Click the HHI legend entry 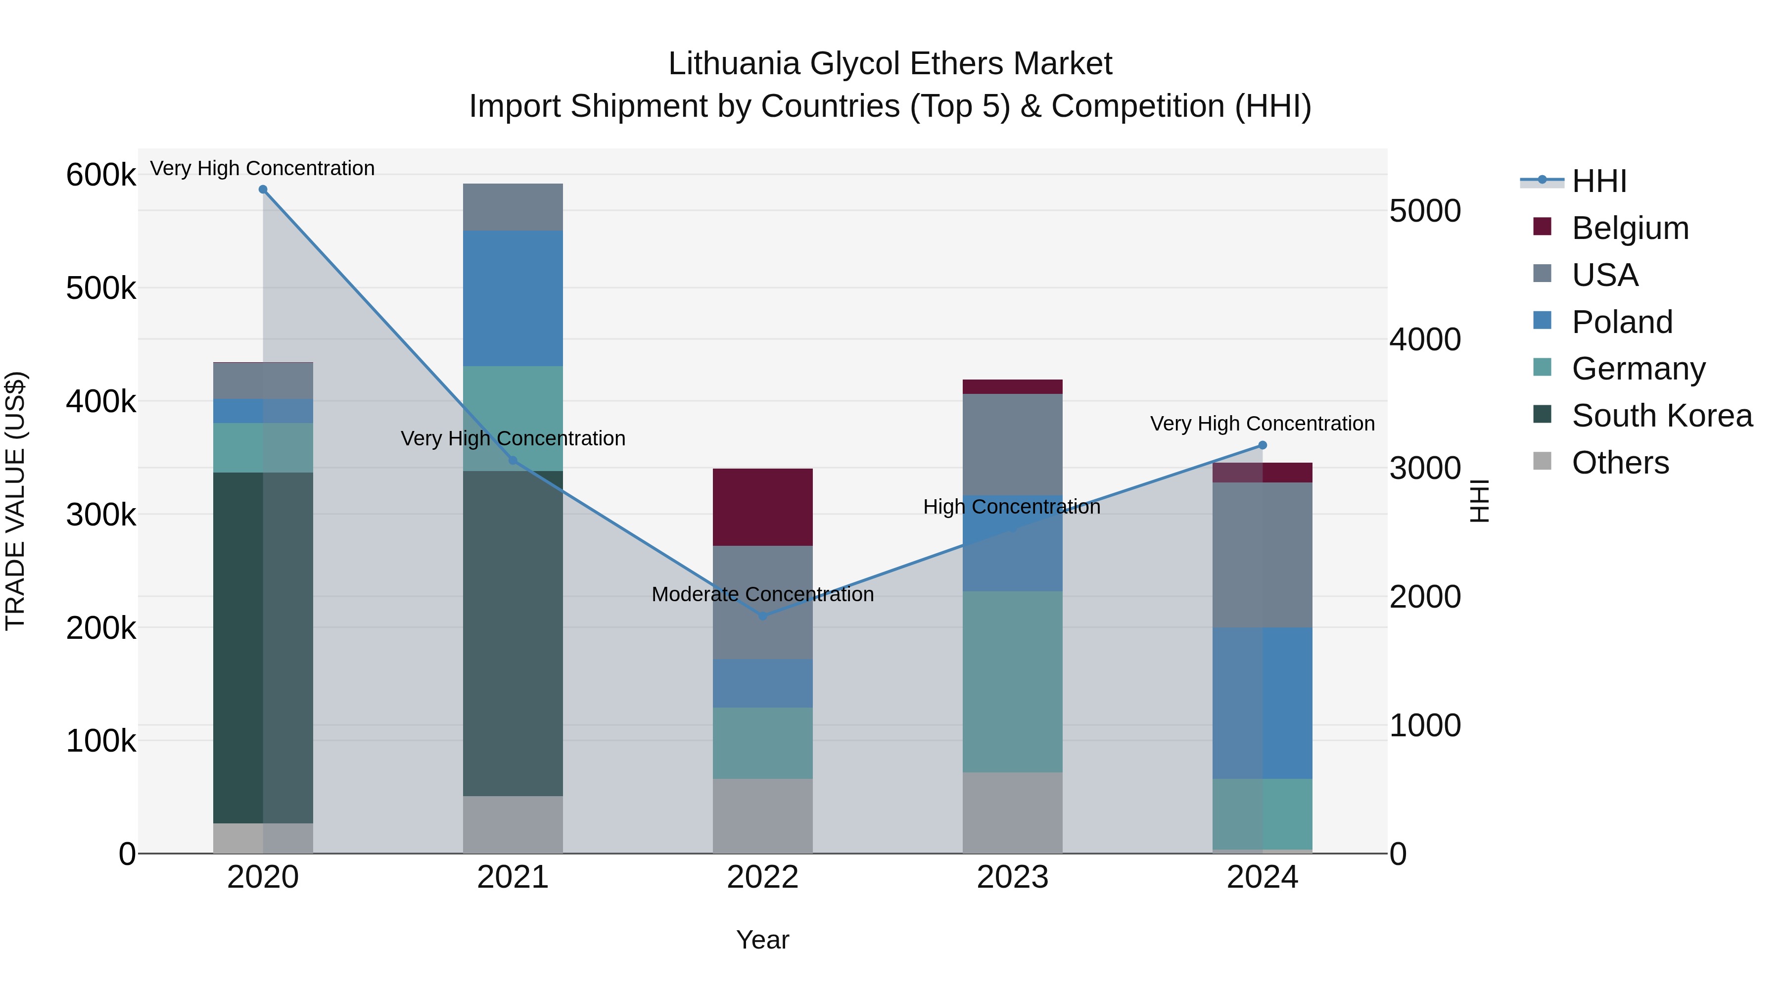coord(1598,181)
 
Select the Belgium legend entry coord(1630,228)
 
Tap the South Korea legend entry coord(1661,416)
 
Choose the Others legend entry coord(1620,463)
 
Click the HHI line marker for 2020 coord(263,190)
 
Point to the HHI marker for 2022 coord(762,616)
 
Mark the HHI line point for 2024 coord(1263,445)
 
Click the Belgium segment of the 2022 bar coord(762,507)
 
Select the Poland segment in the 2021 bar coord(513,298)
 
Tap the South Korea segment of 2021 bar coord(513,633)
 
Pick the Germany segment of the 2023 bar coord(1012,681)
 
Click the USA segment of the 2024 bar coord(1263,555)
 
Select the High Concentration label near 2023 coord(1012,507)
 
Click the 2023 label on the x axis coord(1012,877)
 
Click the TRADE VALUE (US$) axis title coord(15,501)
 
